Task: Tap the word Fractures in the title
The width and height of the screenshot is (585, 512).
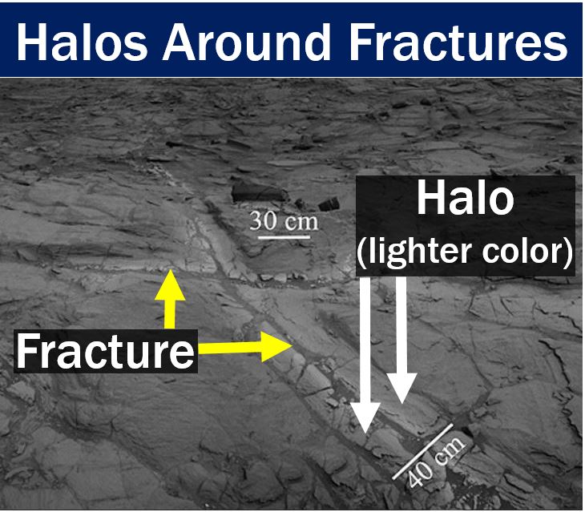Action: pos(458,42)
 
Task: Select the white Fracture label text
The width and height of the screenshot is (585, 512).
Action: pos(105,351)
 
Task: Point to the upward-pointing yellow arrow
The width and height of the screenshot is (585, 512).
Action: pos(170,299)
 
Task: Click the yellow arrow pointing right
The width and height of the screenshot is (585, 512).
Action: pos(244,347)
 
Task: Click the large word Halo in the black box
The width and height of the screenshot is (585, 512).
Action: pos(465,198)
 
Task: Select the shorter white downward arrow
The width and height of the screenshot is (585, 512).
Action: pos(401,340)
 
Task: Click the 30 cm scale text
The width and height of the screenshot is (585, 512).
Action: pos(284,221)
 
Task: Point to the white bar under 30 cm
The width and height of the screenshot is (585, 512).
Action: pos(284,237)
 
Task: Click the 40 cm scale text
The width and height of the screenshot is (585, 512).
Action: pos(437,462)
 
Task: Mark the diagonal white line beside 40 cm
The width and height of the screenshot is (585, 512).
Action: pos(422,451)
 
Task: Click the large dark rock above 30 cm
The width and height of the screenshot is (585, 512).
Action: pos(258,191)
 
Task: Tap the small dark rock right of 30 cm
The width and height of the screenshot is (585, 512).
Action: pos(329,204)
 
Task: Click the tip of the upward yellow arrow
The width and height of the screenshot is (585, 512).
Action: pos(170,269)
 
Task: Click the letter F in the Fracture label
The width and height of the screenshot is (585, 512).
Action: pos(26,351)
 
